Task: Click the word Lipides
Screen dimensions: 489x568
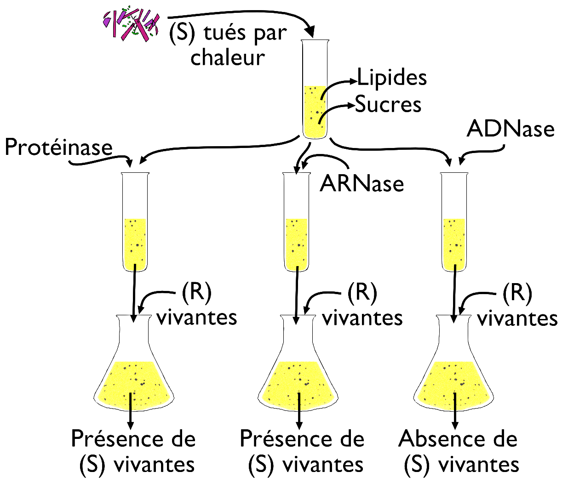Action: pyautogui.click(x=392, y=78)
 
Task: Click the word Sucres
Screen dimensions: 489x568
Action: pyautogui.click(x=388, y=104)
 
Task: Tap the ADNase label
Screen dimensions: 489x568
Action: pyautogui.click(x=511, y=129)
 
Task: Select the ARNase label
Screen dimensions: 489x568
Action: pyautogui.click(x=362, y=184)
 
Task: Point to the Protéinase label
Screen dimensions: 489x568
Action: pyautogui.click(x=58, y=148)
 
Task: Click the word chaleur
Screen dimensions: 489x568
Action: pyautogui.click(x=228, y=58)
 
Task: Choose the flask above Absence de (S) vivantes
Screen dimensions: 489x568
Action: pyautogui.click(x=454, y=368)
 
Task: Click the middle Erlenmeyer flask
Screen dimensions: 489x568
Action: pyautogui.click(x=298, y=368)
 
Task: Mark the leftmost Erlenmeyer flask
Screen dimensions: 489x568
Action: pyautogui.click(x=134, y=368)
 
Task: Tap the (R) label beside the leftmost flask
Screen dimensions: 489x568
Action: pyautogui.click(x=196, y=292)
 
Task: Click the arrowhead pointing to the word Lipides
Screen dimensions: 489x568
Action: pyautogui.click(x=354, y=81)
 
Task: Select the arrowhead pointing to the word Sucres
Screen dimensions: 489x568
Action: pyautogui.click(x=351, y=106)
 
